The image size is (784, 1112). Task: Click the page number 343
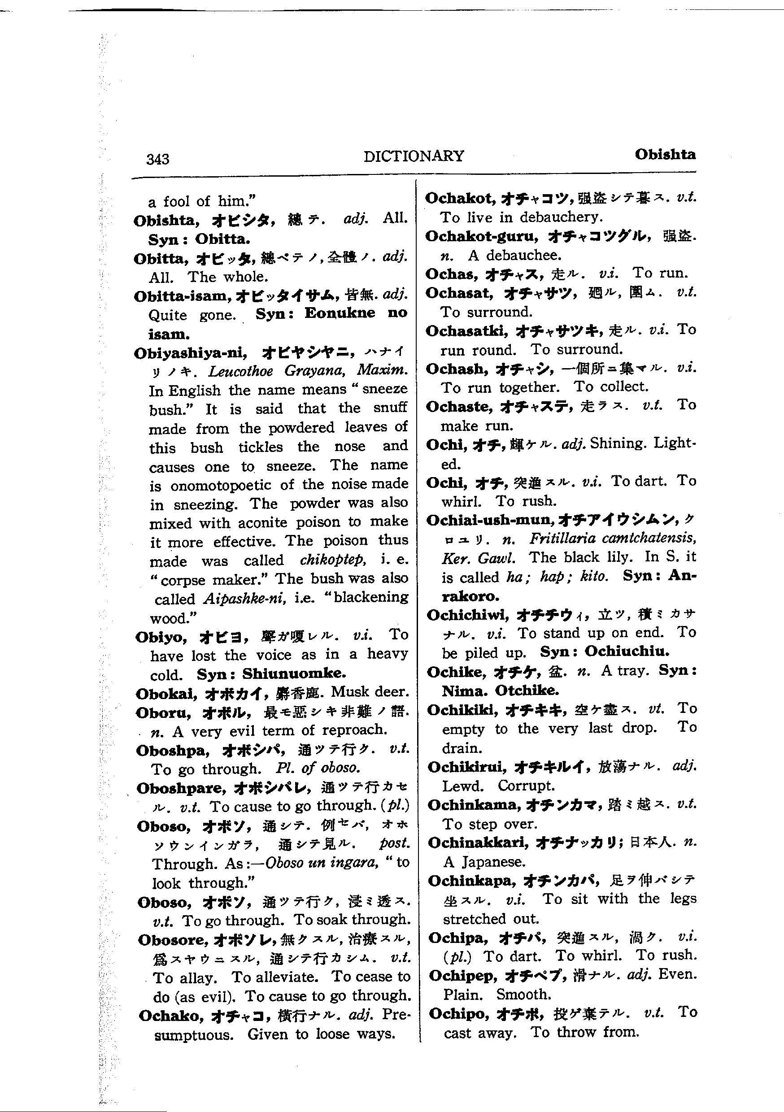(x=157, y=159)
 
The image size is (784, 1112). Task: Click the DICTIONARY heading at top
(x=414, y=156)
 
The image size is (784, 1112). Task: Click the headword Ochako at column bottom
(x=169, y=1016)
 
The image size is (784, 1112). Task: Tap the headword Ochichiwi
(x=468, y=615)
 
